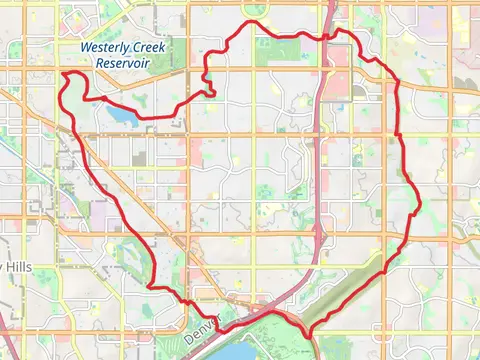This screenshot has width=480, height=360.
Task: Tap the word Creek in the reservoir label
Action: pyautogui.click(x=147, y=47)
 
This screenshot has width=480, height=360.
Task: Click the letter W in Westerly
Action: pyautogui.click(x=85, y=47)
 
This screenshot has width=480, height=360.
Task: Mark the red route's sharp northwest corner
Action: pyautogui.click(x=63, y=72)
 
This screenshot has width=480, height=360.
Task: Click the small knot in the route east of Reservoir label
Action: pyautogui.click(x=209, y=88)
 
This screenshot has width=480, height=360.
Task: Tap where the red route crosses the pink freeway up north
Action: pyautogui.click(x=327, y=37)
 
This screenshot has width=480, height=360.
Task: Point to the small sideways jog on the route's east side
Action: pyautogui.click(x=414, y=214)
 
